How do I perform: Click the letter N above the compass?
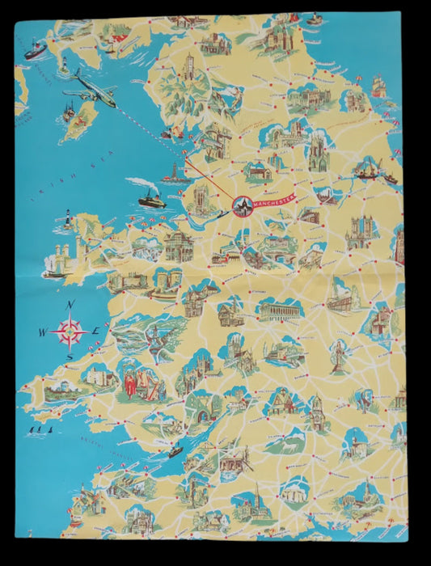tap(71, 304)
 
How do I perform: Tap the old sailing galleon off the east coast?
tap(378, 85)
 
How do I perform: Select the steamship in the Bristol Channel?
tap(174, 451)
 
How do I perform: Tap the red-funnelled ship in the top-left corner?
tap(35, 50)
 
